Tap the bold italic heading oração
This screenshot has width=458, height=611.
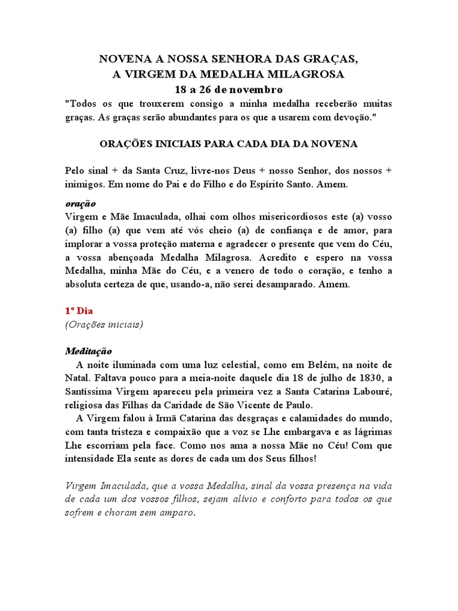click(80, 203)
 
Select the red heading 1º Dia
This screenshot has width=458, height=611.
click(79, 311)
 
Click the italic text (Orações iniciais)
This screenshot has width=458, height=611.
click(104, 325)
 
